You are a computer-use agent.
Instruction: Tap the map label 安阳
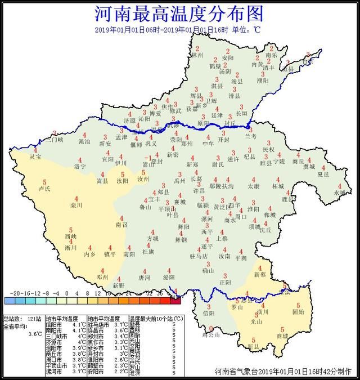[x=227, y=57]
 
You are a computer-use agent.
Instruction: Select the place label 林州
[x=197, y=56]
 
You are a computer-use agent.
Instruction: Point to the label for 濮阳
[x=263, y=81]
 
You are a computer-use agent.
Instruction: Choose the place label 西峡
[x=70, y=237]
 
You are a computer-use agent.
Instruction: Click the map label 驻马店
[x=199, y=256]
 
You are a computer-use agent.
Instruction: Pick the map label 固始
[x=298, y=311]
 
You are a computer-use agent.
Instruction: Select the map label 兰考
[x=250, y=136]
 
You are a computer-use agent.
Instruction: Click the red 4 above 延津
[x=218, y=107]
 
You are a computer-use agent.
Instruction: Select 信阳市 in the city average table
[x=53, y=325]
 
